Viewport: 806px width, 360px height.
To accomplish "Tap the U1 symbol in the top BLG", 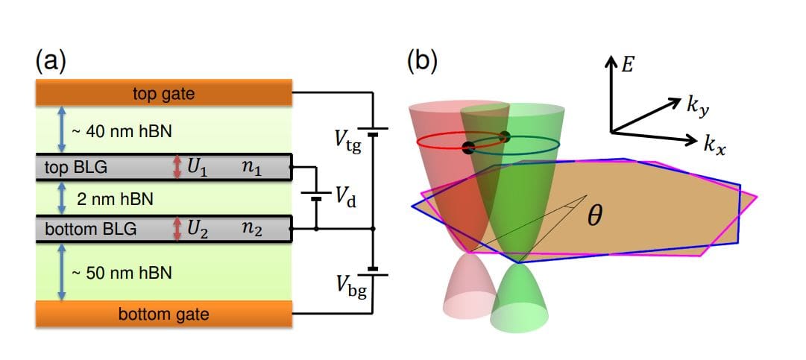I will [196, 167].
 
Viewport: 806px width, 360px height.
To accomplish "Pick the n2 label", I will [251, 228].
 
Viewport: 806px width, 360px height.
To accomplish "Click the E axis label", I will [628, 65].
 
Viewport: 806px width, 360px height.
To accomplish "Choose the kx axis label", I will [714, 143].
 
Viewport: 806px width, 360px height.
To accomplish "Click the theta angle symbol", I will [594, 218].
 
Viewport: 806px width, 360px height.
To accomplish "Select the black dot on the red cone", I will [468, 147].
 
